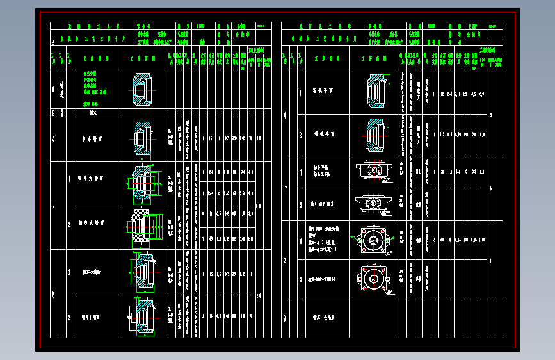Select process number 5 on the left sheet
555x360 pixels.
54,294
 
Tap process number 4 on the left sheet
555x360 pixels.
54,207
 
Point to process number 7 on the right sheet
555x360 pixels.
286,189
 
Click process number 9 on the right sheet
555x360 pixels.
286,316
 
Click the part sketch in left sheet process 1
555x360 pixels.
142,90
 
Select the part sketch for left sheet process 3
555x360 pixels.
142,138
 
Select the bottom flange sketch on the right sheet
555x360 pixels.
372,280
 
